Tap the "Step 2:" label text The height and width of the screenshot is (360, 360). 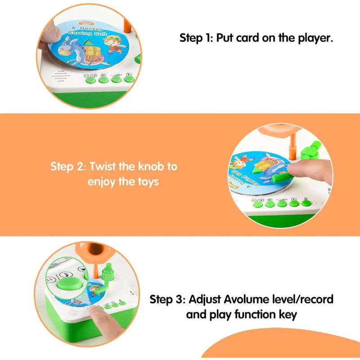coord(68,166)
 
